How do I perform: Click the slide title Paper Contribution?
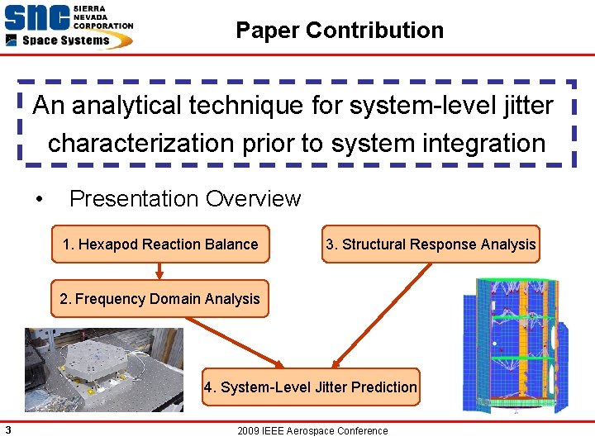point(340,31)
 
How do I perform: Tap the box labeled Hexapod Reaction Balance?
point(160,244)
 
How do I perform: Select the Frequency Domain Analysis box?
point(159,299)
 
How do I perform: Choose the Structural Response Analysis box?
point(431,244)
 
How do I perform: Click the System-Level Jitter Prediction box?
point(311,387)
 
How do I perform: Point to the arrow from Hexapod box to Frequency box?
point(160,272)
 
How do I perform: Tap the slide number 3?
point(7,429)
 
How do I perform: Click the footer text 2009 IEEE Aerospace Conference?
point(312,431)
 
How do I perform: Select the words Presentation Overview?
point(185,199)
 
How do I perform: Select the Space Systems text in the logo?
point(65,40)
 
